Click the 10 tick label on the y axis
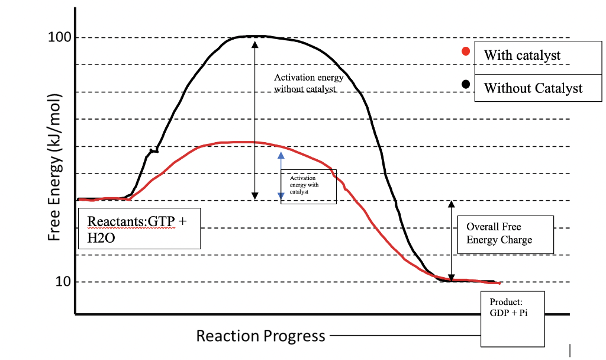[63, 281]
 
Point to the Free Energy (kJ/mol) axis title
[54, 168]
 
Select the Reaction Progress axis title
[260, 336]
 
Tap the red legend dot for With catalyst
[466, 52]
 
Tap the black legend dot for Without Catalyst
[466, 84]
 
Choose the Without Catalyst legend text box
[532, 88]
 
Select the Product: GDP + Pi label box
[512, 319]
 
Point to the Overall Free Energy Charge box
[505, 234]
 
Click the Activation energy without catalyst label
[308, 83]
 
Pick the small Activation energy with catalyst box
[308, 186]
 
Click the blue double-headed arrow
[281, 175]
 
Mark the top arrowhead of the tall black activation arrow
[255, 43]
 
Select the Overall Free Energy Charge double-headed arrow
[452, 240]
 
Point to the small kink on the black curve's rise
[153, 151]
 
